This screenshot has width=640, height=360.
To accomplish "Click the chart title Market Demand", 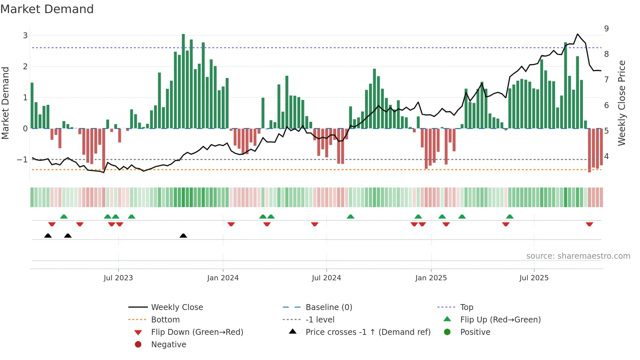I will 47,9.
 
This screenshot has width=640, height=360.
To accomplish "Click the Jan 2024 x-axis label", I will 223,278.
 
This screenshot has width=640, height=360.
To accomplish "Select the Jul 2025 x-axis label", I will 534,278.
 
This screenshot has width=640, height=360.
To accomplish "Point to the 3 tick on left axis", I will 25,35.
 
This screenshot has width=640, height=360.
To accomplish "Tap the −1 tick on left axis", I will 22,160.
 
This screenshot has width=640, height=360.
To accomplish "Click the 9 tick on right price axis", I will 606,29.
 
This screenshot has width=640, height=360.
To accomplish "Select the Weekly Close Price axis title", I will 622,103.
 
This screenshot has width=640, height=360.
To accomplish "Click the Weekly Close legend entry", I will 177,307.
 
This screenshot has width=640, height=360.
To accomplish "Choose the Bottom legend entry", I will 165,320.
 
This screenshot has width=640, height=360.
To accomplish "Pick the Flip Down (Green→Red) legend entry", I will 197,332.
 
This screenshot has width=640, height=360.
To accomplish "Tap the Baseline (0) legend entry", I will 328,307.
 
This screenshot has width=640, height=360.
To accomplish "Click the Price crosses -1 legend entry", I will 368,332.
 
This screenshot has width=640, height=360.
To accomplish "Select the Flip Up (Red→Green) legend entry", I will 500,320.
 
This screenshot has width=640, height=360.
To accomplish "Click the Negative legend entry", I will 168,345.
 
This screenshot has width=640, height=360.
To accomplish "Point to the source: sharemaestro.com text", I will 578,256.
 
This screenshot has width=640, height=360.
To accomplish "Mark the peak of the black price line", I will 578,34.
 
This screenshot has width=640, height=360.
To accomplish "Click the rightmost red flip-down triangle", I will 589,224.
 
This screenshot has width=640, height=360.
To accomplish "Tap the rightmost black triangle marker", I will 183,236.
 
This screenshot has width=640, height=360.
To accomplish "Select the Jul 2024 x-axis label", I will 326,278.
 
